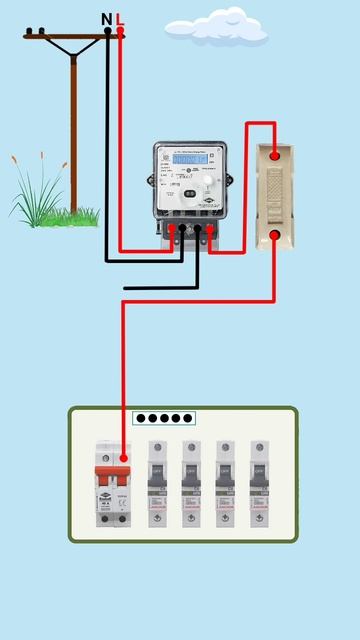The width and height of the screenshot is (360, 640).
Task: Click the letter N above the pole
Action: click(x=107, y=18)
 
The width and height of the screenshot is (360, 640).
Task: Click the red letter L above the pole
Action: click(x=120, y=18)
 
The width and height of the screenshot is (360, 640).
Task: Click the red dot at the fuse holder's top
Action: click(x=275, y=154)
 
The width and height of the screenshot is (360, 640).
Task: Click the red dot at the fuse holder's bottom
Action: click(x=275, y=236)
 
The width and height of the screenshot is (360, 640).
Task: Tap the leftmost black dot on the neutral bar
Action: click(x=141, y=419)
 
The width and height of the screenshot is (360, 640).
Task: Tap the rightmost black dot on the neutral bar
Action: click(x=188, y=419)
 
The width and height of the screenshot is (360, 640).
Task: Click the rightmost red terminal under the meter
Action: click(x=211, y=230)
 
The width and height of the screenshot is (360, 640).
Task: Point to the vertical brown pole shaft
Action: click(x=74, y=130)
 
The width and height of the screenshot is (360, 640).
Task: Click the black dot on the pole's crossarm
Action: click(x=108, y=32)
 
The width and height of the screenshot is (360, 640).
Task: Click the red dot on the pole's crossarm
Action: click(x=120, y=32)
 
